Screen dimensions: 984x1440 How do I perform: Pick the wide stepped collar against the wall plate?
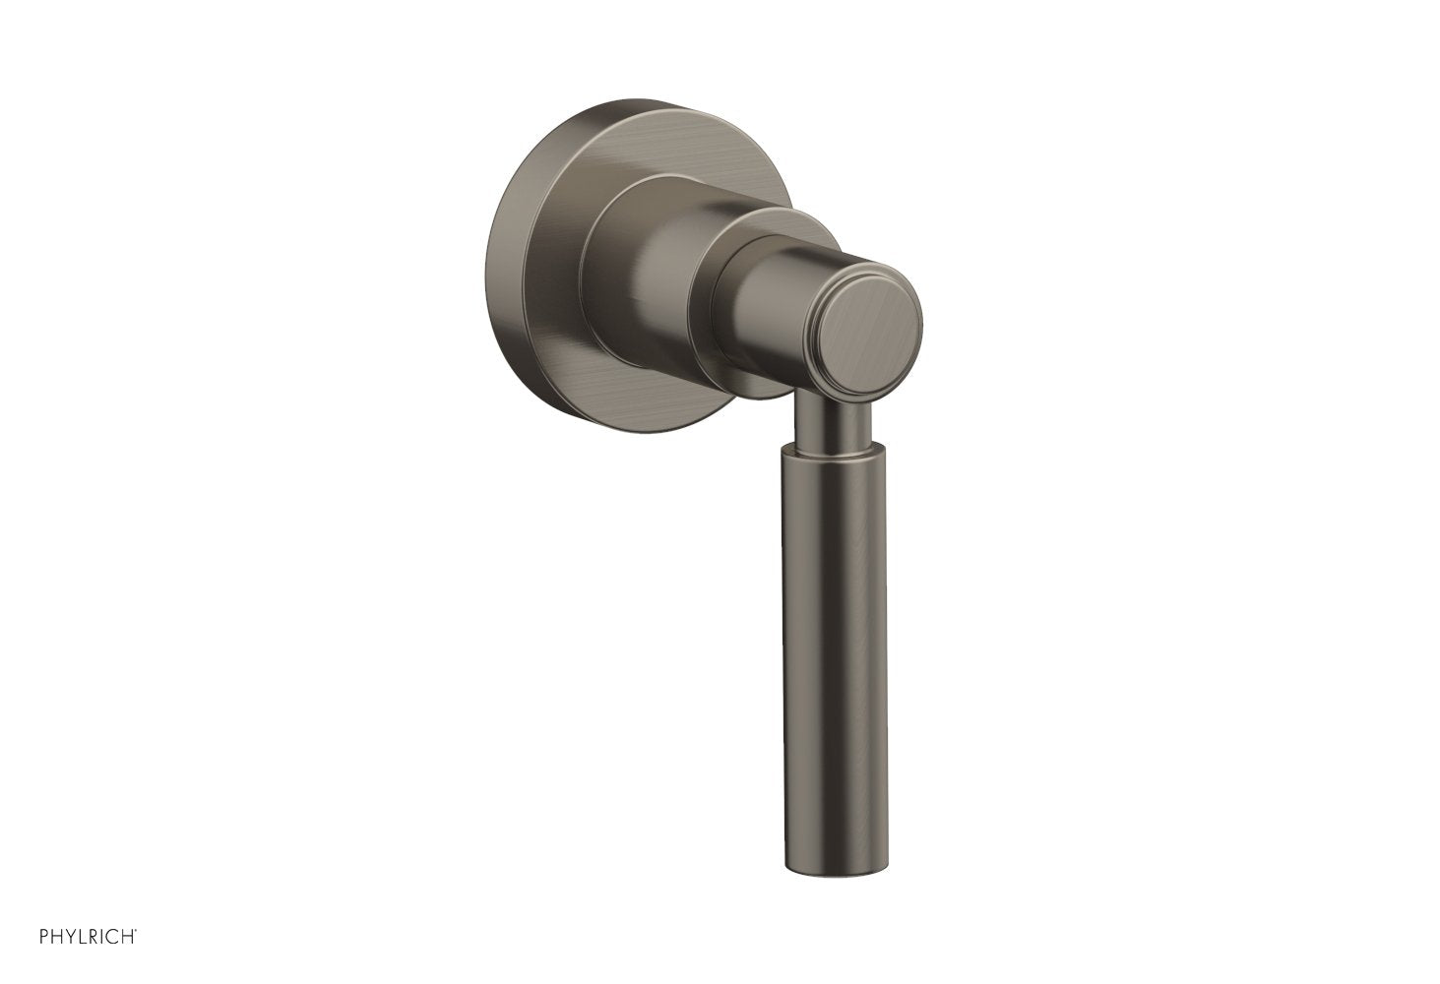click(x=640, y=276)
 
